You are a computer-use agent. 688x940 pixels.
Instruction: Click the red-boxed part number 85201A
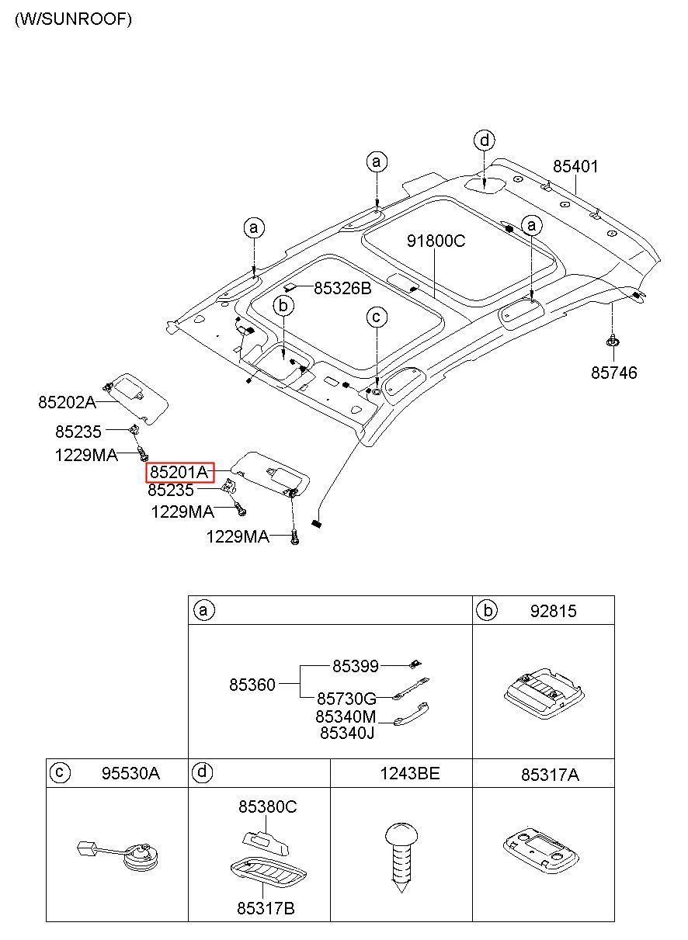[179, 473]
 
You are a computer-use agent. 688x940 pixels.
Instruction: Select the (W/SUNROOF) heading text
[73, 19]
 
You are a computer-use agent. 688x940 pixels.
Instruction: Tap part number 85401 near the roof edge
[575, 166]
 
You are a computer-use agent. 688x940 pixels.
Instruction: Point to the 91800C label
[436, 241]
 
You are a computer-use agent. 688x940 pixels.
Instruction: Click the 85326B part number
[342, 288]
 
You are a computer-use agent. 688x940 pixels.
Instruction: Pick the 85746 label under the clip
[613, 373]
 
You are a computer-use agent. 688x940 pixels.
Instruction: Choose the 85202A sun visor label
[67, 402]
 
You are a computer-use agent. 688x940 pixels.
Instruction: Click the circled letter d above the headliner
[485, 140]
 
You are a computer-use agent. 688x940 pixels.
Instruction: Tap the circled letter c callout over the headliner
[377, 317]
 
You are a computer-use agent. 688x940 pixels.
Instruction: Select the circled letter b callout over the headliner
[283, 306]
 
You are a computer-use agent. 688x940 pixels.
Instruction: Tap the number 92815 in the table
[553, 612]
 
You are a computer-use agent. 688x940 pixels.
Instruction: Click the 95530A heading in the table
[130, 773]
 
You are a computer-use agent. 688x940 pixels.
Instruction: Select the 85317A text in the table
[550, 775]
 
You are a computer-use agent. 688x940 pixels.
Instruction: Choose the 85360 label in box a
[252, 685]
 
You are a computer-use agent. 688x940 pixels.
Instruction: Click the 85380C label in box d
[268, 806]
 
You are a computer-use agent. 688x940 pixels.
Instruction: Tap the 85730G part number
[347, 699]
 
